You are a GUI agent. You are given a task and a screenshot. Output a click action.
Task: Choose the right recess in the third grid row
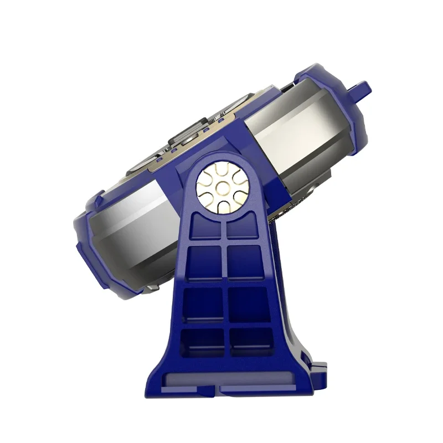[249, 303]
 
